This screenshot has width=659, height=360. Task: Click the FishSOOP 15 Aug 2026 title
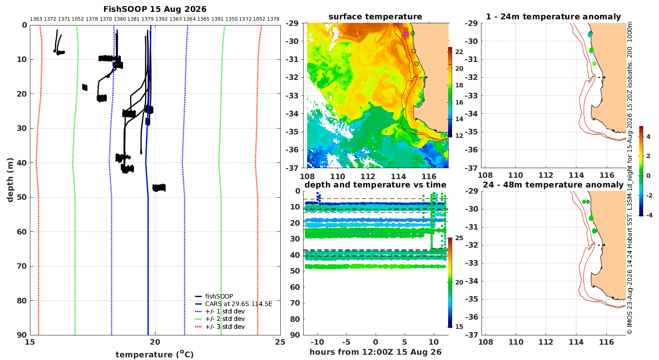pyautogui.click(x=155, y=9)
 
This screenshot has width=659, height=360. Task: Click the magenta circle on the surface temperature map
pyautogui.click(x=406, y=34)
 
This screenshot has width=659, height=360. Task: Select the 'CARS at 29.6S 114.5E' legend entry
pyautogui.click(x=238, y=304)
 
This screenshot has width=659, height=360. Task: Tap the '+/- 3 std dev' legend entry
pyautogui.click(x=225, y=327)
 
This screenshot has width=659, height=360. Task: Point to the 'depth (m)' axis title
pyautogui.click(x=10, y=180)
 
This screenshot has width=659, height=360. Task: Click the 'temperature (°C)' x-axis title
pyautogui.click(x=155, y=354)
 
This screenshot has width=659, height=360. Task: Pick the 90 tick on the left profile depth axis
pyautogui.click(x=24, y=335)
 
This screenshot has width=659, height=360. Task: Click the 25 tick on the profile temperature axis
pyautogui.click(x=280, y=342)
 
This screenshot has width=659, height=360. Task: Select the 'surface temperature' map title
pyautogui.click(x=375, y=17)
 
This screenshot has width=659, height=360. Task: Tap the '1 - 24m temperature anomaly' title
pyautogui.click(x=554, y=17)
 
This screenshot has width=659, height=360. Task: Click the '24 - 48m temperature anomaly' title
pyautogui.click(x=553, y=185)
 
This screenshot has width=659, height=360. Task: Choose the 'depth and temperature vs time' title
pyautogui.click(x=375, y=185)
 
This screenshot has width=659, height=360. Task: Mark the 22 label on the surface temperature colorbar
pyautogui.click(x=459, y=52)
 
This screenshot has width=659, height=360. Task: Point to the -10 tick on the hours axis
pyautogui.click(x=317, y=342)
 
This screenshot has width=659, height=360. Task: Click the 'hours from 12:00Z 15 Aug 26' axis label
pyautogui.click(x=375, y=352)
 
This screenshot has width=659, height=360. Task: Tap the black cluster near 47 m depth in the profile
pyautogui.click(x=159, y=188)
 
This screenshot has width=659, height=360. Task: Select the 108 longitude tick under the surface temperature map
pyautogui.click(x=307, y=176)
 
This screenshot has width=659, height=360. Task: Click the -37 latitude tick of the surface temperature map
pyautogui.click(x=292, y=168)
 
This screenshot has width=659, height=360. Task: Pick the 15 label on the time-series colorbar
pyautogui.click(x=459, y=327)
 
